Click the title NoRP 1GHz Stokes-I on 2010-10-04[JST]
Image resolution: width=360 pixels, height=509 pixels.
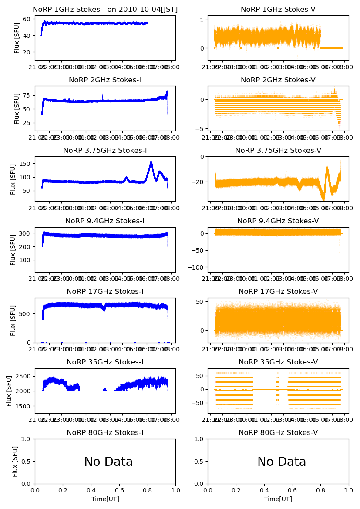(105, 9)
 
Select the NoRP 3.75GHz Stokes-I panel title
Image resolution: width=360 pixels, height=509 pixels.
(105, 150)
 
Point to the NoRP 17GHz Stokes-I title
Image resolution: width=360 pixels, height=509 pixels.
(105, 291)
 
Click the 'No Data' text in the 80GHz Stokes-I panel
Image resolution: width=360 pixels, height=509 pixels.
(108, 462)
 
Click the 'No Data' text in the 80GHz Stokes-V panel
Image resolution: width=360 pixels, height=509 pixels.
(282, 462)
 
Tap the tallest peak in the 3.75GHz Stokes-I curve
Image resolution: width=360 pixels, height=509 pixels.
(151, 162)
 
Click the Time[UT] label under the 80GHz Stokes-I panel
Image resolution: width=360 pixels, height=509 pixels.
(105, 499)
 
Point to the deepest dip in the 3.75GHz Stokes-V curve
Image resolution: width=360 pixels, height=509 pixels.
(323, 200)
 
